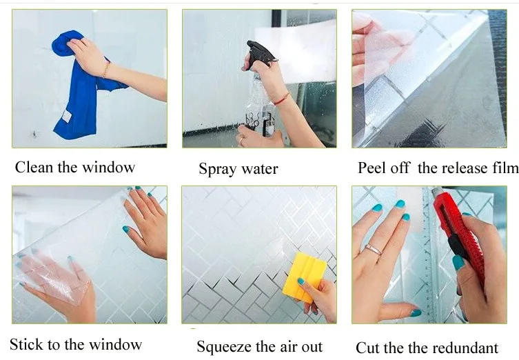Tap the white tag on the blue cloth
[x=67, y=116]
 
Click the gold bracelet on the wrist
[x=106, y=70]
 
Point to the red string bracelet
[x=283, y=99]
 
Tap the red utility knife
[x=460, y=239]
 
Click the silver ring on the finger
[x=374, y=250]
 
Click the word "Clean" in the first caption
[x=34, y=167]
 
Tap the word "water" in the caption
[x=259, y=169]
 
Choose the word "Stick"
[x=26, y=344]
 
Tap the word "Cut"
[x=367, y=348]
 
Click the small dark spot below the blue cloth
[x=34, y=134]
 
